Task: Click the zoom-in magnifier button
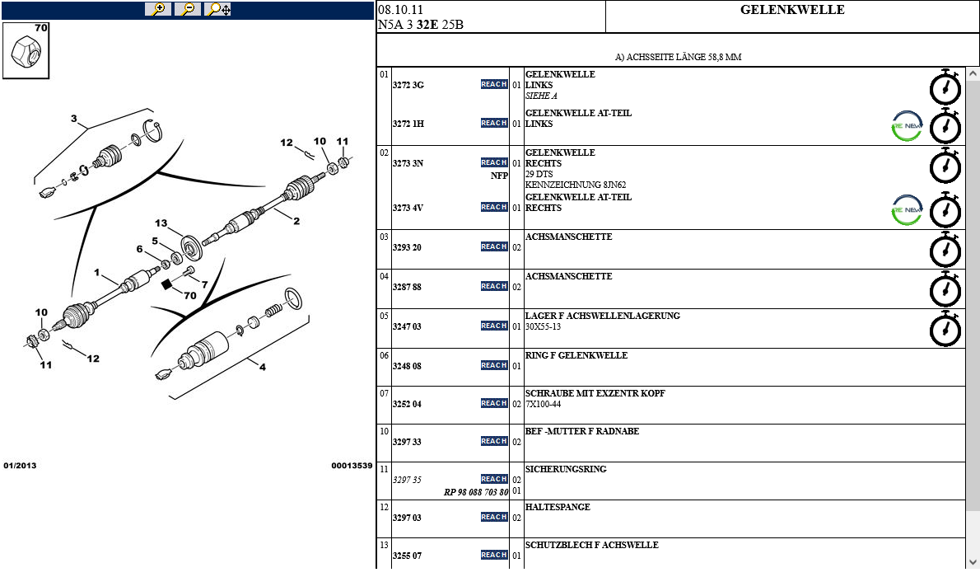157,9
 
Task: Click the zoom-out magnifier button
188,9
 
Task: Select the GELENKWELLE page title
792,10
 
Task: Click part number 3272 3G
408,85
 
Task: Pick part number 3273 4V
408,208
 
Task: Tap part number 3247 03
407,326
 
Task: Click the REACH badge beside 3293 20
494,246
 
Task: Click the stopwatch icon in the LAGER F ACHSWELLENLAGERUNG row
945,329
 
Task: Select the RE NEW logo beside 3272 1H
907,126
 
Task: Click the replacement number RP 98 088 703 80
476,492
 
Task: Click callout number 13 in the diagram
161,223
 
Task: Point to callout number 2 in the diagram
296,220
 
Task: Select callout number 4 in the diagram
263,368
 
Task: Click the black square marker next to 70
166,285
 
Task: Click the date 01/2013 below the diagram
20,466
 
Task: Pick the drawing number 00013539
352,466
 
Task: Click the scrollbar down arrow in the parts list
973,561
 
